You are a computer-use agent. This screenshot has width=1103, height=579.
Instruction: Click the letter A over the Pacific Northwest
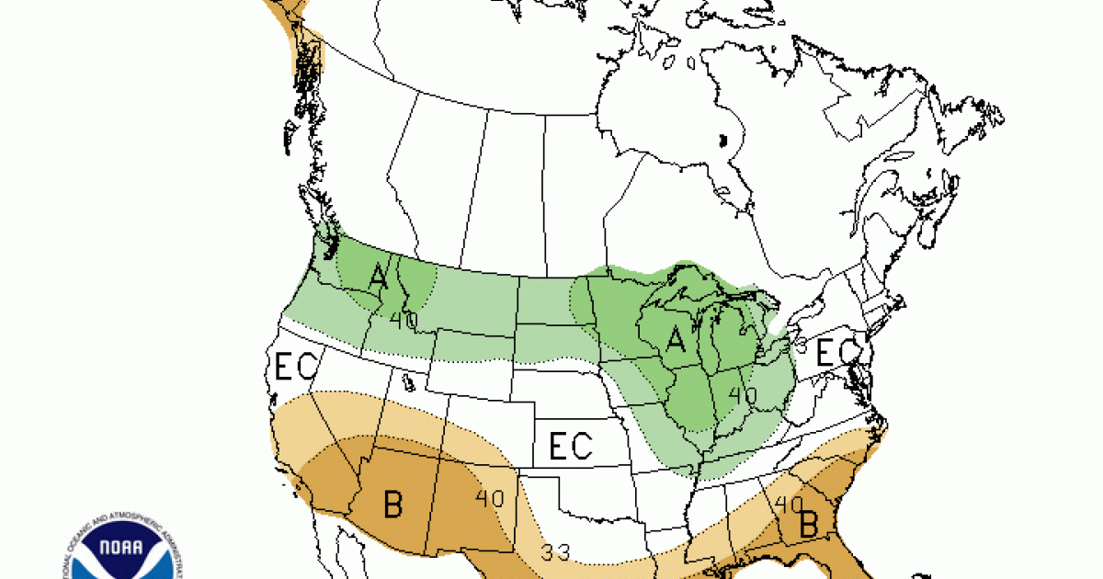pos(377,276)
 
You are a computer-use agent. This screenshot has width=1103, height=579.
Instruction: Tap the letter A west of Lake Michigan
pos(677,341)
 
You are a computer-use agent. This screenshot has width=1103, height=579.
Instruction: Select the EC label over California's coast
pos(295,368)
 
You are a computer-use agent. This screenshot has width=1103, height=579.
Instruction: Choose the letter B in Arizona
pos(392,505)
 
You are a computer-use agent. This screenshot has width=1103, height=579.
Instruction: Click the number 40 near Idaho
pos(403,320)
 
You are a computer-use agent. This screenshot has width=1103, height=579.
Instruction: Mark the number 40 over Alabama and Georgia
pos(789,504)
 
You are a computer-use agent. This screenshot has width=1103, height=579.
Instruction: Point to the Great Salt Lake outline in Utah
pos(406,380)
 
